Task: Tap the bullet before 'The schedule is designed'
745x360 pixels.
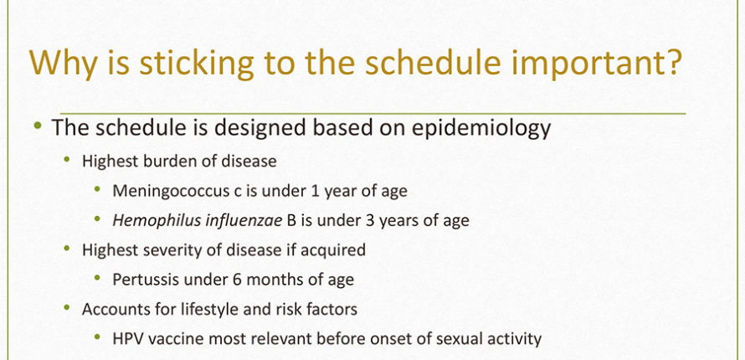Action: pyautogui.click(x=38, y=126)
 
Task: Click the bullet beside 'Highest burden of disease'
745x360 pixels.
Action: pyautogui.click(x=67, y=158)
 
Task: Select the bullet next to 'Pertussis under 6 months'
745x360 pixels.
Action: pyautogui.click(x=97, y=277)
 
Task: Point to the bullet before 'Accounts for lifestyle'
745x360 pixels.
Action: pyautogui.click(x=67, y=306)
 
